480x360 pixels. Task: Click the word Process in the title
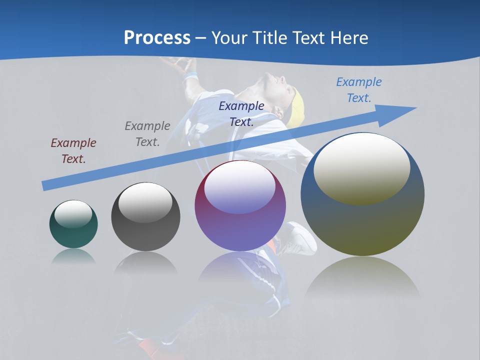157,38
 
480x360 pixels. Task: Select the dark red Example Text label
73,150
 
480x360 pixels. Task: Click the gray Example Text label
147,134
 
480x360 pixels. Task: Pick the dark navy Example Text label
241,113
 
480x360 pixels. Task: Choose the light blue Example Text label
359,90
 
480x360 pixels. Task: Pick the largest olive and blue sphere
362,225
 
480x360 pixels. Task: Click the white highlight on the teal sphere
73,214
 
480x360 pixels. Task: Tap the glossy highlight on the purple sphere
240,187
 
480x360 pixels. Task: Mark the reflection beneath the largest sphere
362,277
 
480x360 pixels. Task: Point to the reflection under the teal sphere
73,256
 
